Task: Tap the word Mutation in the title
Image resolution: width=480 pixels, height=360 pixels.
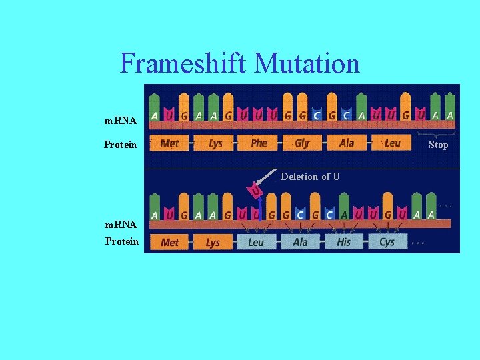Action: click(307, 64)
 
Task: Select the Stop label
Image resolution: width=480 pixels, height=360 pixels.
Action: click(438, 145)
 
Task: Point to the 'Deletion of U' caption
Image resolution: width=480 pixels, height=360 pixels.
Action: click(310, 177)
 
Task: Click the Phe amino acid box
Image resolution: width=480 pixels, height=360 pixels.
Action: click(259, 143)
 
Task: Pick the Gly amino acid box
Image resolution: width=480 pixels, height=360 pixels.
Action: click(302, 143)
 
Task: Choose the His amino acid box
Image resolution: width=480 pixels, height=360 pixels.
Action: click(343, 242)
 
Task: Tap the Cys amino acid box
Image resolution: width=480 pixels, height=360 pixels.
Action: click(387, 242)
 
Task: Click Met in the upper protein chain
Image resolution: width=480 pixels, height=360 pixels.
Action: click(170, 143)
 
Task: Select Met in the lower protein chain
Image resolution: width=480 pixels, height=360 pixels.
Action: click(170, 242)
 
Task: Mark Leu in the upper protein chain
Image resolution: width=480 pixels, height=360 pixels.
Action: click(393, 143)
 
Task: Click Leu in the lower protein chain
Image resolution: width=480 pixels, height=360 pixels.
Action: click(256, 242)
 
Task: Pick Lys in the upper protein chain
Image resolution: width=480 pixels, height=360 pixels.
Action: click(215, 143)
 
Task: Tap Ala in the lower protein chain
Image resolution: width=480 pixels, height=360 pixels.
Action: click(300, 242)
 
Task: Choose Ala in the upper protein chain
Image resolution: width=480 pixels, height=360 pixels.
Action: click(347, 143)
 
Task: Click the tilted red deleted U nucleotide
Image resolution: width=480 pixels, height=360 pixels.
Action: click(255, 192)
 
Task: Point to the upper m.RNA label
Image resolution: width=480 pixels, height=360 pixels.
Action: click(121, 121)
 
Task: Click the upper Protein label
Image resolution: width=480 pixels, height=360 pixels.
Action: click(121, 145)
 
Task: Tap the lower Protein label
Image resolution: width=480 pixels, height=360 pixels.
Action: click(122, 241)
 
